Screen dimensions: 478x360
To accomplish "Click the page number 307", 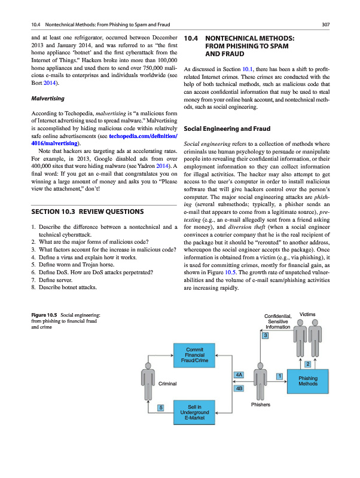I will [326, 24].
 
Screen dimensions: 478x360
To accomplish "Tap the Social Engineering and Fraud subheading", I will [228, 128].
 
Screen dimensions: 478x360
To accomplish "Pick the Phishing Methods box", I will [307, 381].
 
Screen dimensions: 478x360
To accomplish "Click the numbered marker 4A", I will [239, 374].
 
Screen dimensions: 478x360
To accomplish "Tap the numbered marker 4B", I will [239, 388].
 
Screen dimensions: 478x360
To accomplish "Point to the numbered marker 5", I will [161, 407].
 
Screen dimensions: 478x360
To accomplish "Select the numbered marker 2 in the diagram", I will [307, 364].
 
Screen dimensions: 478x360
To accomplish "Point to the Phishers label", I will [261, 405].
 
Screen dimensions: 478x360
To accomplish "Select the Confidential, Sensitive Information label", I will [277, 321].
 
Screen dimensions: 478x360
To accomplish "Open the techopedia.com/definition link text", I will [144, 137].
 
